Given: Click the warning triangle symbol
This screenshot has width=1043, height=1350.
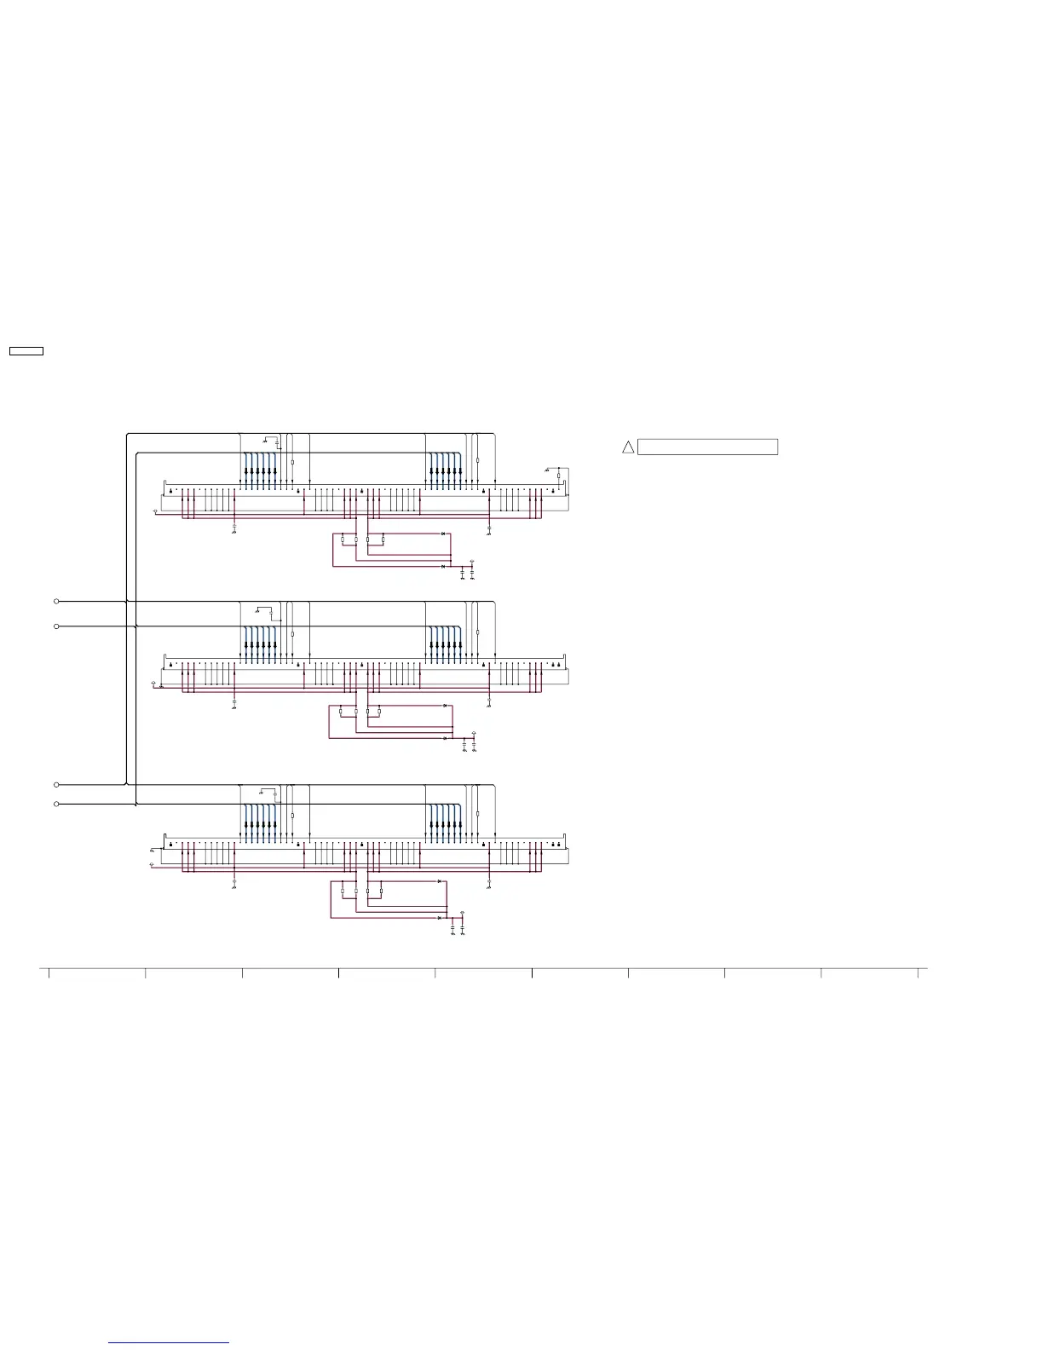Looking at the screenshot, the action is [628, 447].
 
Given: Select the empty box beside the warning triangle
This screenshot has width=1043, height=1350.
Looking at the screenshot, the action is [707, 447].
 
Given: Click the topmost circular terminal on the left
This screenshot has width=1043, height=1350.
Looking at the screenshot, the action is [57, 601].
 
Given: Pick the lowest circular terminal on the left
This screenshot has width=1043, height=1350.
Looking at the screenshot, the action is [57, 804].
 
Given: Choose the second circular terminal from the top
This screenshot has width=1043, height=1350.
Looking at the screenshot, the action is [57, 626].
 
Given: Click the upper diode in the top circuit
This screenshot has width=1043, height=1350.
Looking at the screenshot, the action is [443, 534].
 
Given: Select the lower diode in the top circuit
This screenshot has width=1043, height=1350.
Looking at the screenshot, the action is [443, 566].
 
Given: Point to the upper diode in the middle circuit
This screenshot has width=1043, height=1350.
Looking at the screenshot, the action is [445, 707].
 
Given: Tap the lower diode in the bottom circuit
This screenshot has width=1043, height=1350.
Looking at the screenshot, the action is [440, 918].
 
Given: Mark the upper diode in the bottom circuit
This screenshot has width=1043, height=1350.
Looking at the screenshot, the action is [440, 880].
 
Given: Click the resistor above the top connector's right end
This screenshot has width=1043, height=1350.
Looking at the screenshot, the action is [558, 476].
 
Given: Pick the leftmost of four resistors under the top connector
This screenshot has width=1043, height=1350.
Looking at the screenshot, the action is [343, 539].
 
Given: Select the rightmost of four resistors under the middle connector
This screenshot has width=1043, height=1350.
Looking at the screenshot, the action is [379, 711].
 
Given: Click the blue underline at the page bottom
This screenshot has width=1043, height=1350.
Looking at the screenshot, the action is [169, 1343].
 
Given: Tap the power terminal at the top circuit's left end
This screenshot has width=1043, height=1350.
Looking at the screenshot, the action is [154, 511].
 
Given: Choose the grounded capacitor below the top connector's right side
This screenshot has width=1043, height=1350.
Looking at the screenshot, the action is [489, 529].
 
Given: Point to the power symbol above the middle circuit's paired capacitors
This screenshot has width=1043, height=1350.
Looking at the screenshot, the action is [474, 734].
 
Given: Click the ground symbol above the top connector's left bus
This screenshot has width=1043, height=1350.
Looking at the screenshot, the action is [265, 441].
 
